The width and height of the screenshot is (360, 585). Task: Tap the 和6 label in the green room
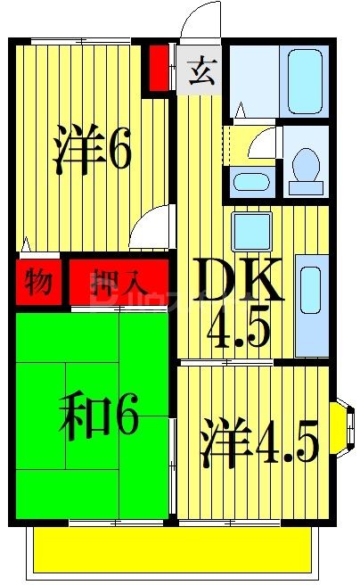[x=99, y=419]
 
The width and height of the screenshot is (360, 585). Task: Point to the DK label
[x=239, y=283]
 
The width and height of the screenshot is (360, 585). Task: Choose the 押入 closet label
[x=119, y=284]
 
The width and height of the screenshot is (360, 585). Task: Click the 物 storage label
[x=37, y=284]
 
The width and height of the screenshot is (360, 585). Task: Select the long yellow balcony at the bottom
[x=175, y=549]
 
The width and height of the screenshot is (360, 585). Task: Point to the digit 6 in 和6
[x=124, y=419]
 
